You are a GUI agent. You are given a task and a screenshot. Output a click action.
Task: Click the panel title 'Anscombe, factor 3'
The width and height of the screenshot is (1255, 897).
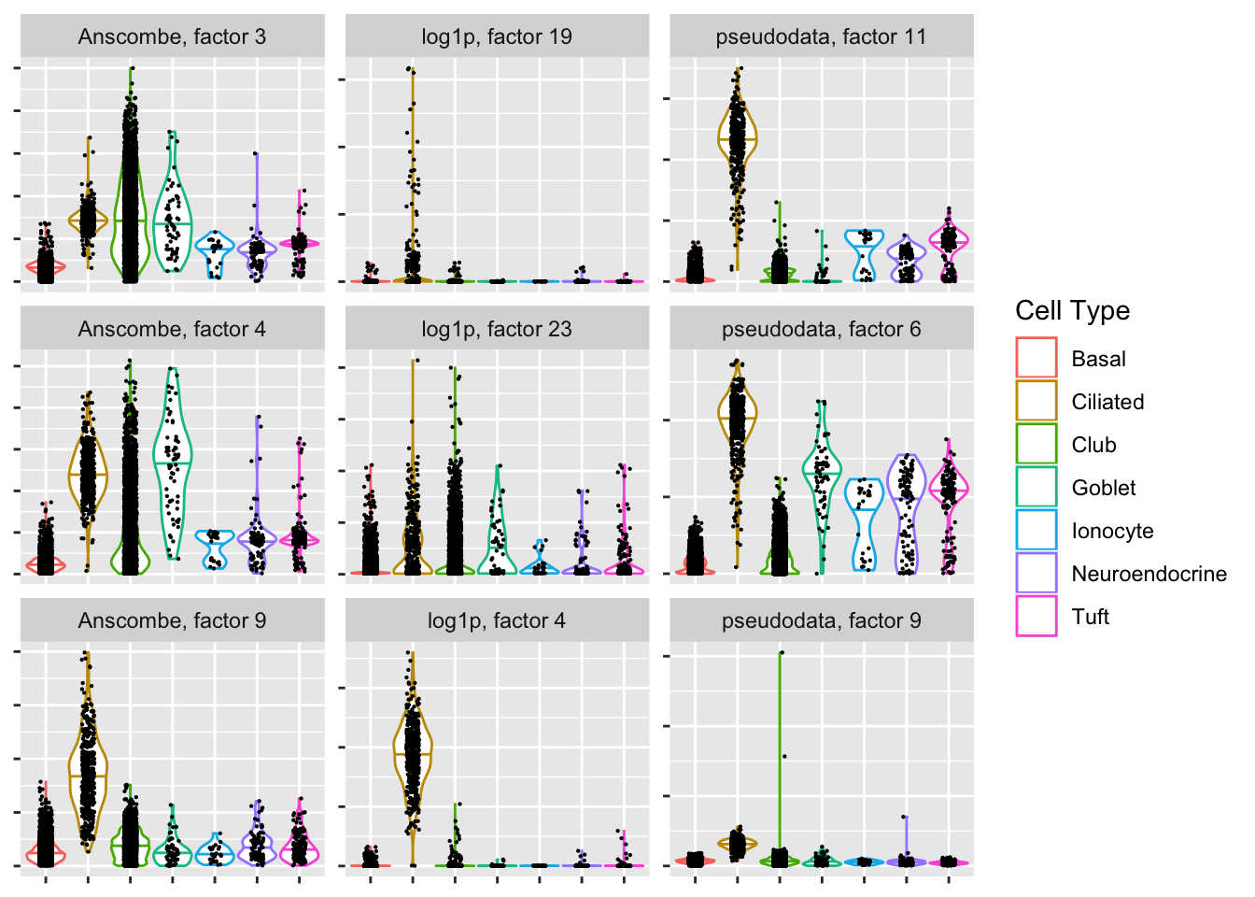tap(172, 37)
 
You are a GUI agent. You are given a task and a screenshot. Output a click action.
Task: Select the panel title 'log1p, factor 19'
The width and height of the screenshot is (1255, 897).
tap(497, 37)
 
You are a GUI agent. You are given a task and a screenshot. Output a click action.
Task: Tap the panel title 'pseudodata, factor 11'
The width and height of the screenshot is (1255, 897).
tap(821, 37)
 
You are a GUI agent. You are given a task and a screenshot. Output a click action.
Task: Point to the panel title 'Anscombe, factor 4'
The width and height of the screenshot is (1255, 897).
tap(172, 329)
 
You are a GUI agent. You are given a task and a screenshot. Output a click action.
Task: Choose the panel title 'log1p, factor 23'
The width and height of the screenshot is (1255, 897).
tap(497, 329)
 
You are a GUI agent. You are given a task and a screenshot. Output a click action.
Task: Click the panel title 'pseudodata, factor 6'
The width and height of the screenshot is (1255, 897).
tap(821, 329)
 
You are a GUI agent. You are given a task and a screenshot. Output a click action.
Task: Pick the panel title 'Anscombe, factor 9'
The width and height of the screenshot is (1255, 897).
tap(172, 621)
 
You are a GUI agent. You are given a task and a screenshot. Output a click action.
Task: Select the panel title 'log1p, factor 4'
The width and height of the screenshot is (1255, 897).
tap(497, 621)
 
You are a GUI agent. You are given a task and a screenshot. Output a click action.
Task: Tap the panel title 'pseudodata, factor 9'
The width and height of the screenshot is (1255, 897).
tap(821, 621)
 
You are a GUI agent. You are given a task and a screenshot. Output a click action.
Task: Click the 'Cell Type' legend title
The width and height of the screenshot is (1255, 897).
tap(1072, 311)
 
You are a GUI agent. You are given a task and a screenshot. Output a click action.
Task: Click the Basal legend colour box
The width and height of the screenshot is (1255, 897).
tap(1036, 359)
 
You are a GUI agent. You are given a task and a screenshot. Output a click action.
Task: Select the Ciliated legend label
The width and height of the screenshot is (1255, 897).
tap(1107, 402)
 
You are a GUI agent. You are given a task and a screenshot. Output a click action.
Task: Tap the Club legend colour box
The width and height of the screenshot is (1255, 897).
tap(1036, 445)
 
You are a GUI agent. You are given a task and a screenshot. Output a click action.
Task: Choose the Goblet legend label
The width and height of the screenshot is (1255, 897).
tap(1103, 488)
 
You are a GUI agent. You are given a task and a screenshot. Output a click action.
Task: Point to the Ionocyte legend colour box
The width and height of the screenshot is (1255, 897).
tap(1036, 531)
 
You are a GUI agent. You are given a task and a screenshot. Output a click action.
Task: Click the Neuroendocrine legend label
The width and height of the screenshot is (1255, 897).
tap(1149, 574)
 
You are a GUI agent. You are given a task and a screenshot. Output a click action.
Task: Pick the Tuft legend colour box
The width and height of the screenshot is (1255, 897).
tap(1036, 617)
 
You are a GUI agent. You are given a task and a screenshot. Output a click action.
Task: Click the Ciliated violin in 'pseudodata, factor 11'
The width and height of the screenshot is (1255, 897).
tap(738, 140)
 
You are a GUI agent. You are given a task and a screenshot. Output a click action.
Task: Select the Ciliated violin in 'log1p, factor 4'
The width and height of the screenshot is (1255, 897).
tap(413, 753)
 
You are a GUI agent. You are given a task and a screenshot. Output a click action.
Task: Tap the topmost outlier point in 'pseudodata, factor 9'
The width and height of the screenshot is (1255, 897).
tap(781, 652)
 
